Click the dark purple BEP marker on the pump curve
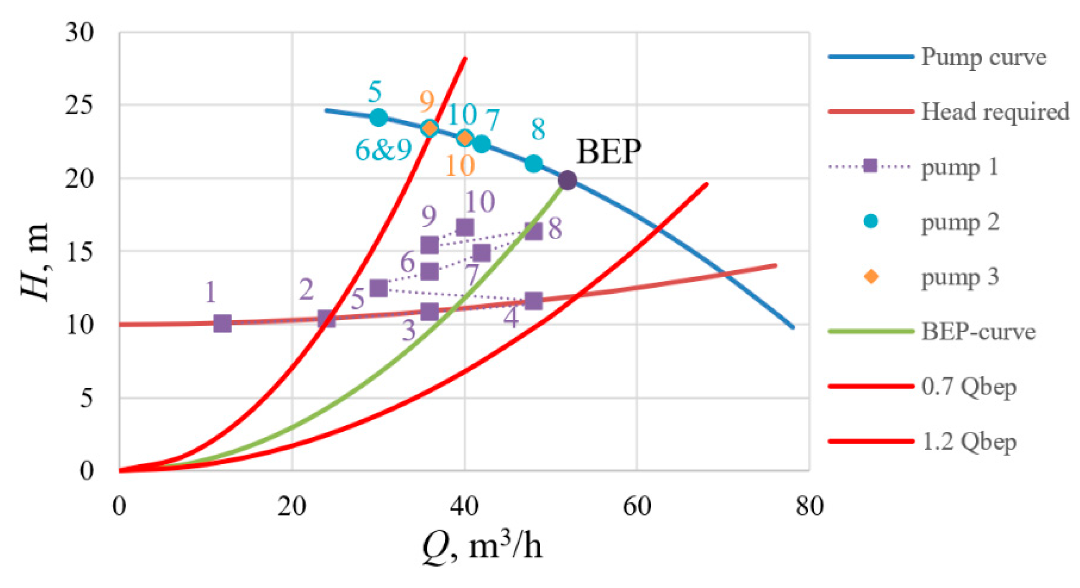(567, 180)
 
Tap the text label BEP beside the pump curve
(608, 152)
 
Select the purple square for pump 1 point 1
(222, 324)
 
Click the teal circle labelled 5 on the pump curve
(378, 117)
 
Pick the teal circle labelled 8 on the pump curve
(533, 164)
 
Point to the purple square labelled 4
(533, 301)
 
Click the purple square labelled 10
(465, 227)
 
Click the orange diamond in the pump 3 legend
(871, 277)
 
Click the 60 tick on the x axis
(637, 506)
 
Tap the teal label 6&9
(383, 150)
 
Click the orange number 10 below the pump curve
(460, 166)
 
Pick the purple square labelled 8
(533, 231)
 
